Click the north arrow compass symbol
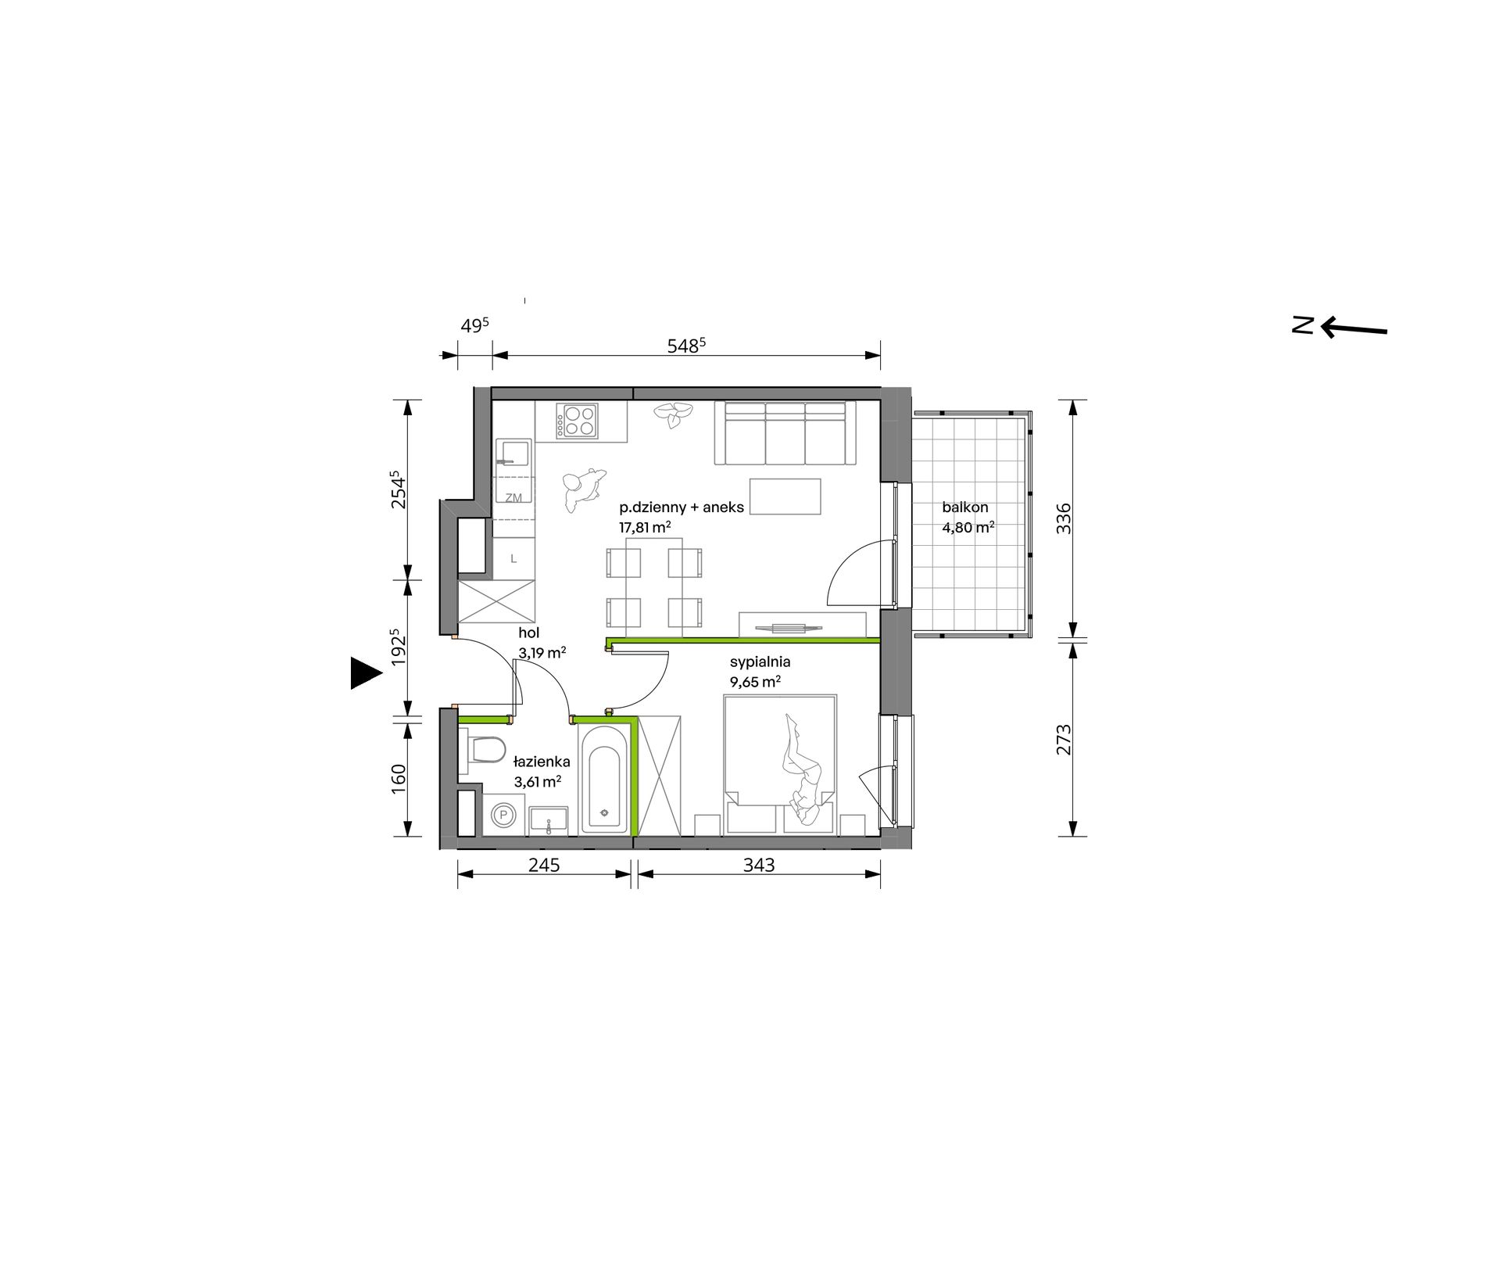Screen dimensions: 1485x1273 [1340, 327]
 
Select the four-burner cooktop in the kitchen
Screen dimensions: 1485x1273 [577, 421]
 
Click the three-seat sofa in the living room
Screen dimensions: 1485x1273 [786, 433]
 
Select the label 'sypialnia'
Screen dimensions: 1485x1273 [760, 662]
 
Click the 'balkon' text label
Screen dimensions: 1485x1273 [965, 507]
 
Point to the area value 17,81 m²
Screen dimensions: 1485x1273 [645, 528]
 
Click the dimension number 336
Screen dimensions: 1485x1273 [1065, 518]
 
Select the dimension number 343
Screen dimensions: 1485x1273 [759, 866]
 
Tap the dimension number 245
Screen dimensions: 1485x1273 [544, 866]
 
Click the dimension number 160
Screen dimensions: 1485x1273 [398, 779]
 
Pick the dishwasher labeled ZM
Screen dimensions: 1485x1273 [513, 498]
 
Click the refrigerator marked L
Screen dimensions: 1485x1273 [513, 558]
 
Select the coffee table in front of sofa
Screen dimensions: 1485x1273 [785, 497]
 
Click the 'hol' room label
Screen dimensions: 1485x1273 [529, 633]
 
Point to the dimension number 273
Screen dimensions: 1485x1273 [1065, 740]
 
